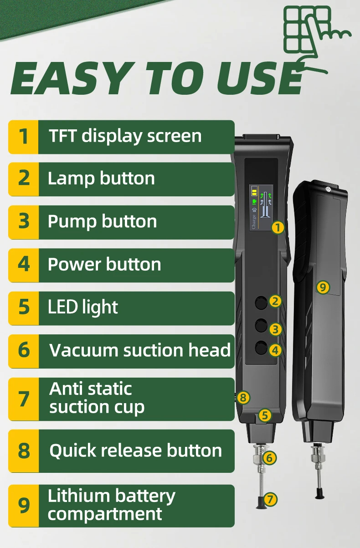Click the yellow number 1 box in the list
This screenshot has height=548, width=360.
coord(24,137)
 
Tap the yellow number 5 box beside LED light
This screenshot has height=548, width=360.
coord(24,308)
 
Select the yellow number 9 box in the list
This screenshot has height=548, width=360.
coord(24,506)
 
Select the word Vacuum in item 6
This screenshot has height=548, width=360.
coord(84,350)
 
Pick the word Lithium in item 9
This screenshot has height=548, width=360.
coord(78,496)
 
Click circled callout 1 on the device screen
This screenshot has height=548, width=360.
coord(278,227)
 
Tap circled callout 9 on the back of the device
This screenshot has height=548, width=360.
coord(323,287)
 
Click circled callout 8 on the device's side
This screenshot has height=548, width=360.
coord(243,398)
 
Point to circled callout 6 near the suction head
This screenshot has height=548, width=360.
coord(269,458)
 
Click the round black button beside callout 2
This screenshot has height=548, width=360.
coord(261,302)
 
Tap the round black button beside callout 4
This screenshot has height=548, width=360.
coord(261,348)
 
